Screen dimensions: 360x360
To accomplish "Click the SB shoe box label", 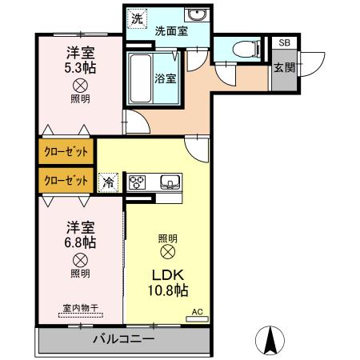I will click(283, 44).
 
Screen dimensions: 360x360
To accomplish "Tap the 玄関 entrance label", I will click(283, 68).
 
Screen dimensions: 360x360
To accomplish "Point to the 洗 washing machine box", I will click(138, 18).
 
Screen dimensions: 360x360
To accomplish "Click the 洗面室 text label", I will click(170, 32).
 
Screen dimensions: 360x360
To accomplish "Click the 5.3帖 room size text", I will click(80, 67).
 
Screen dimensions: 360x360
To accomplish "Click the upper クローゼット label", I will click(65, 151).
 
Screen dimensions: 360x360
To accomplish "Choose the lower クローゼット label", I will click(65, 180).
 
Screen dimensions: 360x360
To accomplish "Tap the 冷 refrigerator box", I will click(107, 182).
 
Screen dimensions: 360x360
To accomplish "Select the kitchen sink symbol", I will click(171, 181).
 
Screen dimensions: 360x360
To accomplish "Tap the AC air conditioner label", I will click(197, 314).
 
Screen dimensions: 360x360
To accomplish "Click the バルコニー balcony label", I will click(122, 340).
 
